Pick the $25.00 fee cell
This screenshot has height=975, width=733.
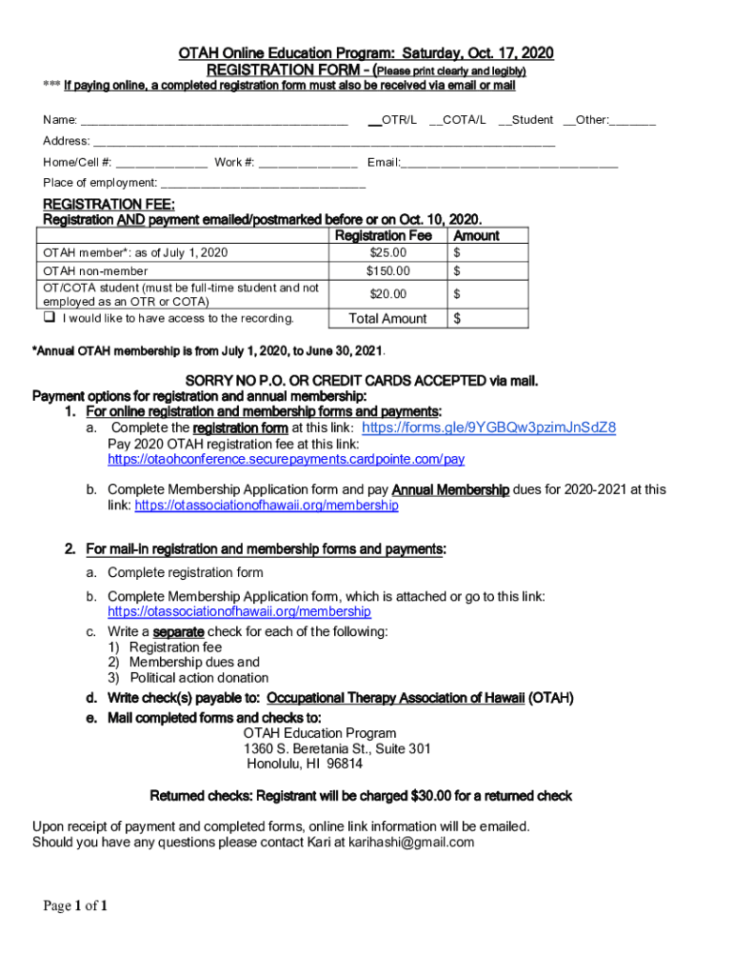point(387,252)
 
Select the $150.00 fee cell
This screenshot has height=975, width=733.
point(387,271)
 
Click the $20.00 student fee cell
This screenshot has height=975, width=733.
point(387,294)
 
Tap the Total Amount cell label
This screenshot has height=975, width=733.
point(387,318)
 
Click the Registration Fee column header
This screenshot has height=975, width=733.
point(384,235)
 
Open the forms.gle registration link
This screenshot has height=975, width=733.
point(489,428)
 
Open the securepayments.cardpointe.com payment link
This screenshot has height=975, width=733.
point(286,459)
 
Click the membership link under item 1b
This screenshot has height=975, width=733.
point(267,506)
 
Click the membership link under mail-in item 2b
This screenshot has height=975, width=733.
point(239,611)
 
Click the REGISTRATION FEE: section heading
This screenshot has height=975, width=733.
point(109,204)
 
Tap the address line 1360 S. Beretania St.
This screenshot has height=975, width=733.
point(337,748)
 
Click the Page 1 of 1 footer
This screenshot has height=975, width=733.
point(75,906)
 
